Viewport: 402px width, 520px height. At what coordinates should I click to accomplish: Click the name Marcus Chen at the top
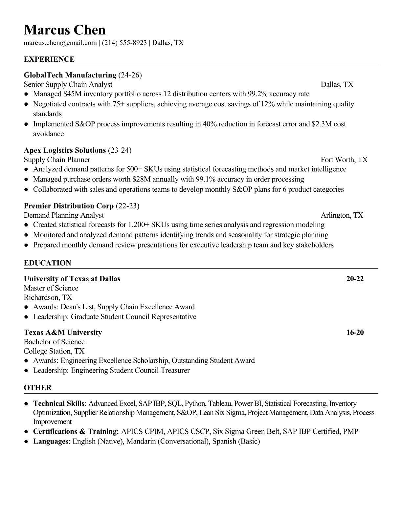[65, 30]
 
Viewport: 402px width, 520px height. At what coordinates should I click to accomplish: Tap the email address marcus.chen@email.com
[60, 43]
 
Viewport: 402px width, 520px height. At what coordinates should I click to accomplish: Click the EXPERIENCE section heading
[49, 59]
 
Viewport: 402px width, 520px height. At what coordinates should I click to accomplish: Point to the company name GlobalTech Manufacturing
[70, 75]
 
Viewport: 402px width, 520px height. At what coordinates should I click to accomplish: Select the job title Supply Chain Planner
[57, 160]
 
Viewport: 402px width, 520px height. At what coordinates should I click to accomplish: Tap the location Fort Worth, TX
[344, 160]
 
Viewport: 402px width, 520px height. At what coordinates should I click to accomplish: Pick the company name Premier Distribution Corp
[69, 206]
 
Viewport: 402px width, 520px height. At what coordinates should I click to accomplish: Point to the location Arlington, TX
[342, 215]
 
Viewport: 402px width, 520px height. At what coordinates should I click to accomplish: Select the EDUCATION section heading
[47, 263]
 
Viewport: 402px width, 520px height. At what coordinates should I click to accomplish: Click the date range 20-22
[355, 279]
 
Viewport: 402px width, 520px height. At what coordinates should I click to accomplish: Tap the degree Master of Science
[51, 288]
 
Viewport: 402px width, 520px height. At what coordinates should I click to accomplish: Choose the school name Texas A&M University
[63, 332]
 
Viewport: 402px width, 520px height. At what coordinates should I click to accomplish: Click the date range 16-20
[355, 332]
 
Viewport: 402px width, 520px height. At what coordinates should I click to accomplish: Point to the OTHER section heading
[37, 388]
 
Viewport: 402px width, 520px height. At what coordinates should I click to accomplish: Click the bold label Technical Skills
[59, 403]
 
